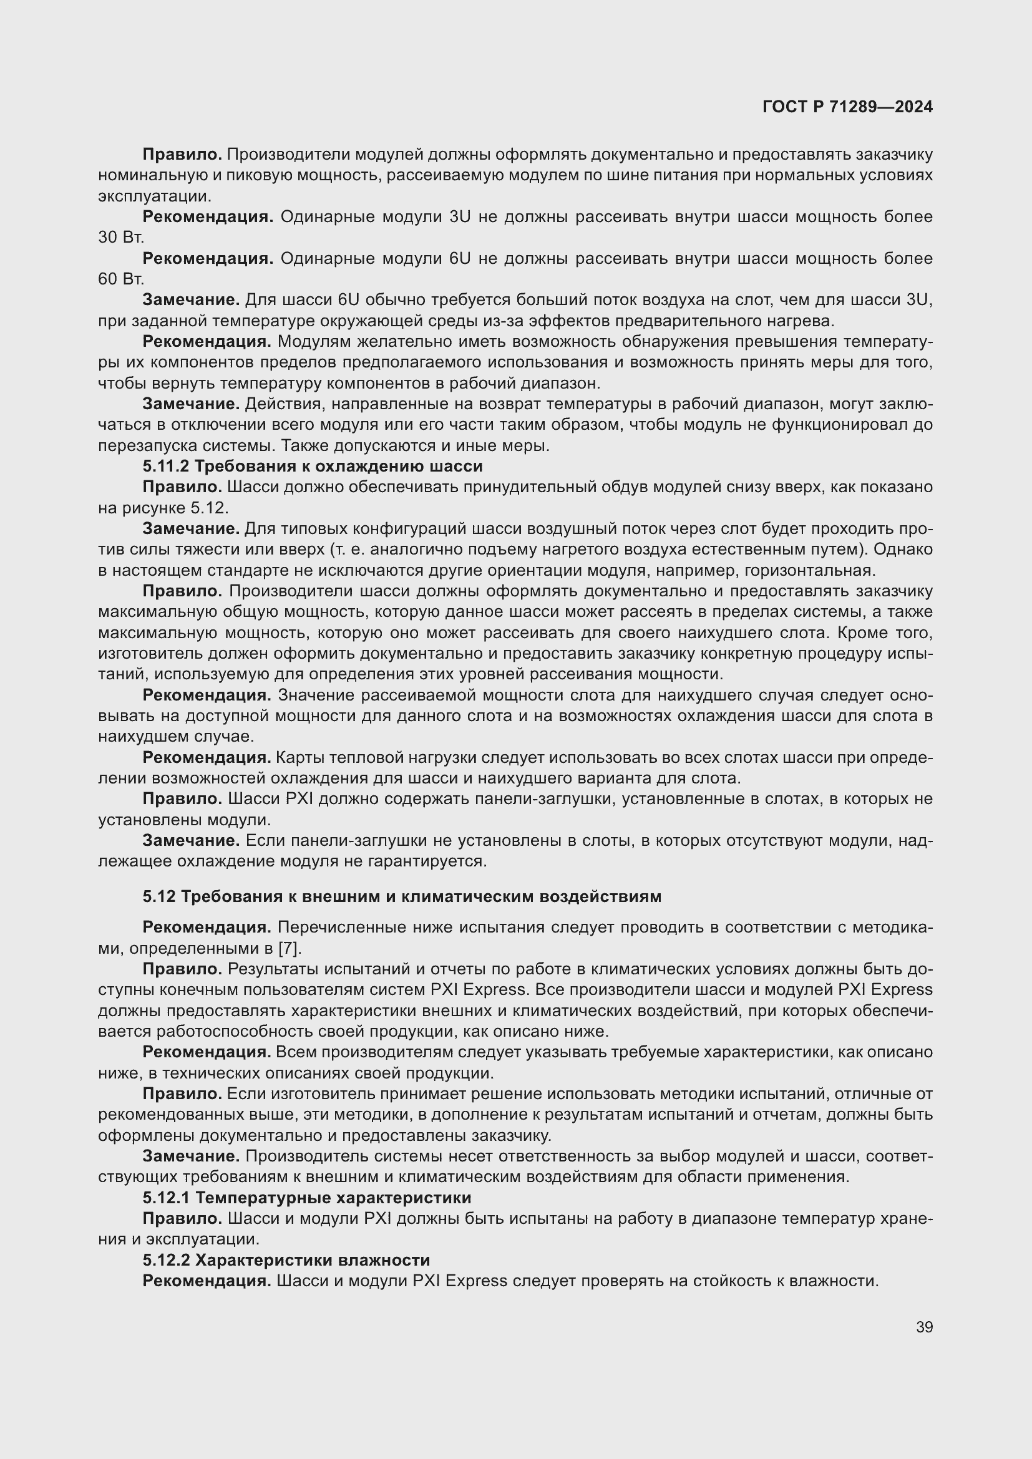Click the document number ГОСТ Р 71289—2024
847,107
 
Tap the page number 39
924,1327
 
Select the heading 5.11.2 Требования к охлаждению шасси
312,466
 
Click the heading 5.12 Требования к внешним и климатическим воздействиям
402,896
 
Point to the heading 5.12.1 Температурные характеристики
306,1197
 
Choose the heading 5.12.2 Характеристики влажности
286,1259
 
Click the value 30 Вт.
121,238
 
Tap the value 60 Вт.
121,279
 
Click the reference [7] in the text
289,948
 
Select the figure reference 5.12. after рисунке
209,508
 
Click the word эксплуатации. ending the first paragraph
154,196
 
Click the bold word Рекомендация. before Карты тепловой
207,757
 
